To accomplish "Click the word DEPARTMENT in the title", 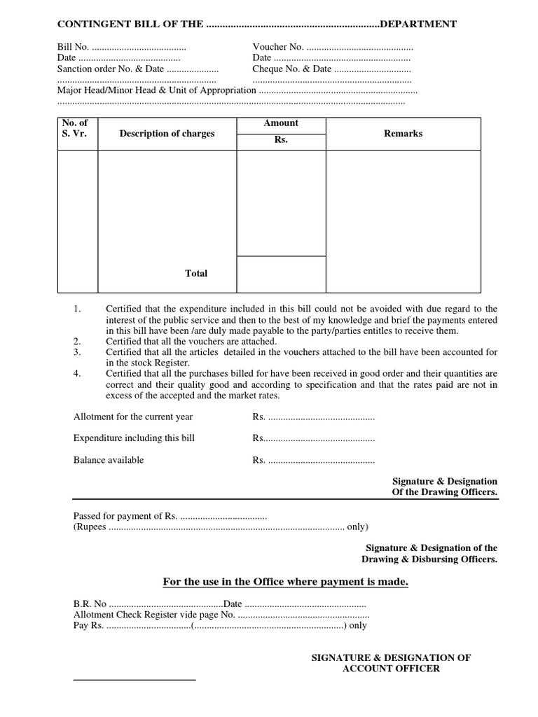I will (x=418, y=25).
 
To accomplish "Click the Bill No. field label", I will (x=74, y=47).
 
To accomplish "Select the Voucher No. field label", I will (x=278, y=47).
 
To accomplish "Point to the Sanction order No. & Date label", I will (x=110, y=69).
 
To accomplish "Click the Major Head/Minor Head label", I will (x=156, y=90).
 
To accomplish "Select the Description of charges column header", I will (x=167, y=134).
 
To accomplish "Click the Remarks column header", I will (x=403, y=134).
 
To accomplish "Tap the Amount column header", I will (x=281, y=123).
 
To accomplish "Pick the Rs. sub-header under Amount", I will (x=281, y=140).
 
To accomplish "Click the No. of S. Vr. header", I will (x=75, y=128).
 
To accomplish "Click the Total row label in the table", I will (x=196, y=274).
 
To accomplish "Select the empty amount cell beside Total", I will (x=281, y=274).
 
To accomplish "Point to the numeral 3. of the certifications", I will (x=78, y=352).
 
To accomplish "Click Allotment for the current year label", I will (x=133, y=417).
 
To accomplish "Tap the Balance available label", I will (x=109, y=460).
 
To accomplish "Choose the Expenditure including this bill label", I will (x=134, y=438).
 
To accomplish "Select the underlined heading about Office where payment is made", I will (x=285, y=583).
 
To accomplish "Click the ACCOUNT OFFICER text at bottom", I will (x=391, y=669).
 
